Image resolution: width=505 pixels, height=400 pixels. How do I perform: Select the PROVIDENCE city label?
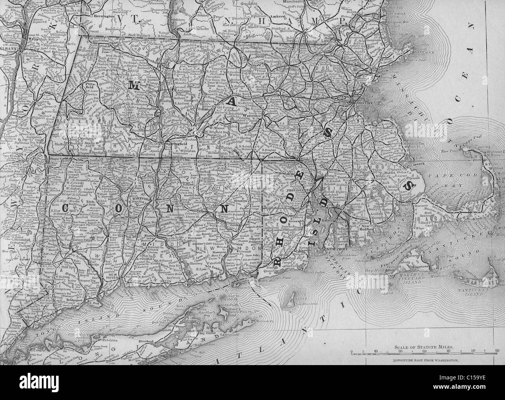pyautogui.click(x=297, y=191)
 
